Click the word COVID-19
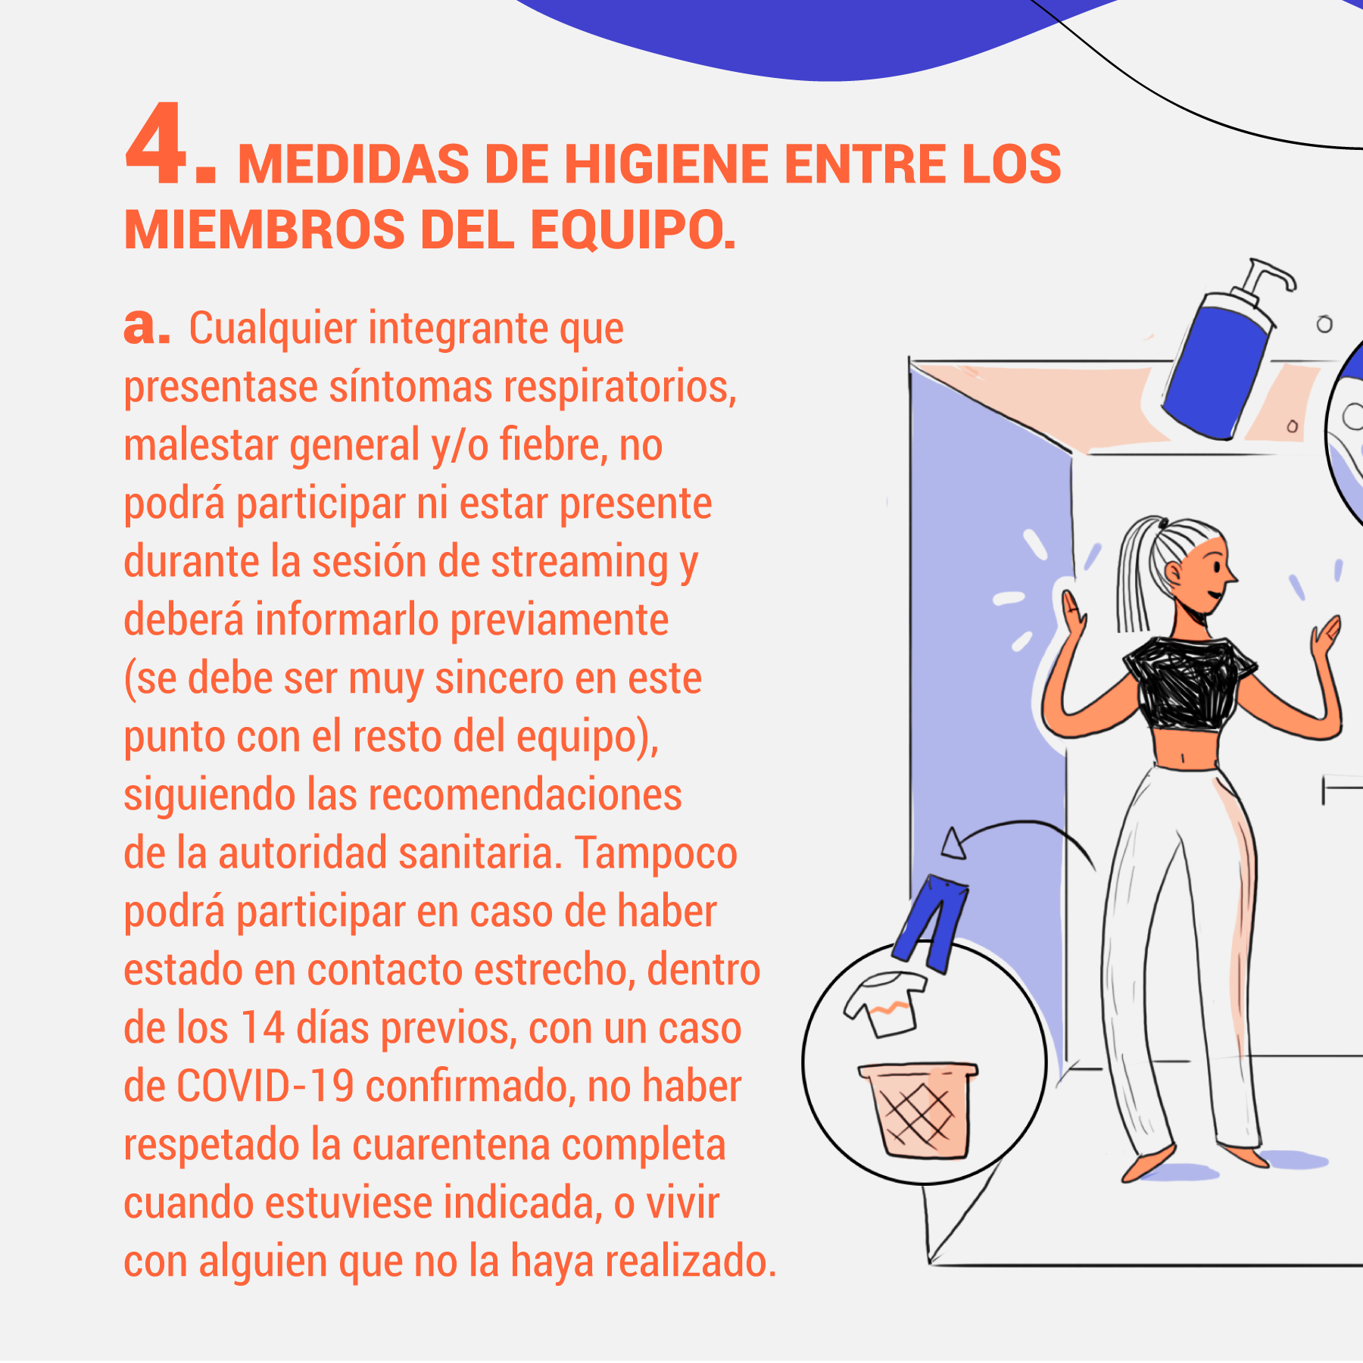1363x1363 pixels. [265, 1086]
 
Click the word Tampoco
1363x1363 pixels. [656, 853]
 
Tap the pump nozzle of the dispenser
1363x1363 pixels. [1272, 276]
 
